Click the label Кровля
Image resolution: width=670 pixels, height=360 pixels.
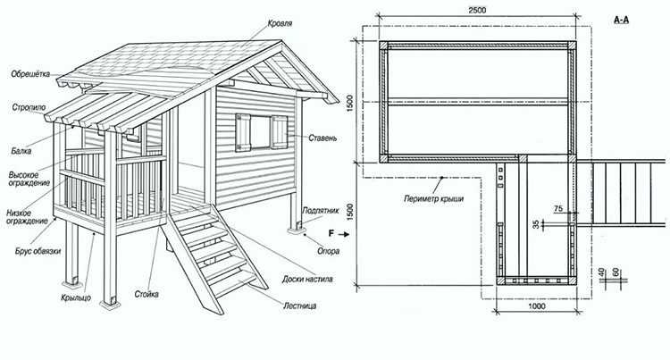coord(280,23)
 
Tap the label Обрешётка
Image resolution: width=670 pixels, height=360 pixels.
coord(30,74)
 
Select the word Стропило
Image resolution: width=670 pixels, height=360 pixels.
coord(29,107)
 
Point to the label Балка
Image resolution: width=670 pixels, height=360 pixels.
coord(21,151)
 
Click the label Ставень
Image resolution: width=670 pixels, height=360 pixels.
coord(322,138)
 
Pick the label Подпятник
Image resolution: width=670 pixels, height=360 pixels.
coord(321,211)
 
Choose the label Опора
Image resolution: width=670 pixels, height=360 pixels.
coord(328,251)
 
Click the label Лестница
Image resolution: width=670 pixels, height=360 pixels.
coord(300,306)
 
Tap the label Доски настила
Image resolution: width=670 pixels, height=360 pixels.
coord(307,280)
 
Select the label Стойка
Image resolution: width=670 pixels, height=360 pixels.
coord(147,294)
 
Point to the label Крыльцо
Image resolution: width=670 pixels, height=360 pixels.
coord(76,297)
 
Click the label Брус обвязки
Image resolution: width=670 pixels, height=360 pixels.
coord(38,251)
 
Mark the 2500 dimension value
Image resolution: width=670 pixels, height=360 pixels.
coord(477,10)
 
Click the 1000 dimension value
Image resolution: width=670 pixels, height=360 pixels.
coord(537,306)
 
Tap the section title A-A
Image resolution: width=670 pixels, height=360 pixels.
coord(621,20)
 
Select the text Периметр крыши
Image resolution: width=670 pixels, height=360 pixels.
coord(433,198)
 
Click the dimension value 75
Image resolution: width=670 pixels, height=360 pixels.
coord(558,209)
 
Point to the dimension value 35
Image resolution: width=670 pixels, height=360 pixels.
coord(537,224)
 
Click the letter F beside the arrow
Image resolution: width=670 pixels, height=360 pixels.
coord(331,233)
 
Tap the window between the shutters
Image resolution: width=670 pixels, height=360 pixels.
coord(261,132)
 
